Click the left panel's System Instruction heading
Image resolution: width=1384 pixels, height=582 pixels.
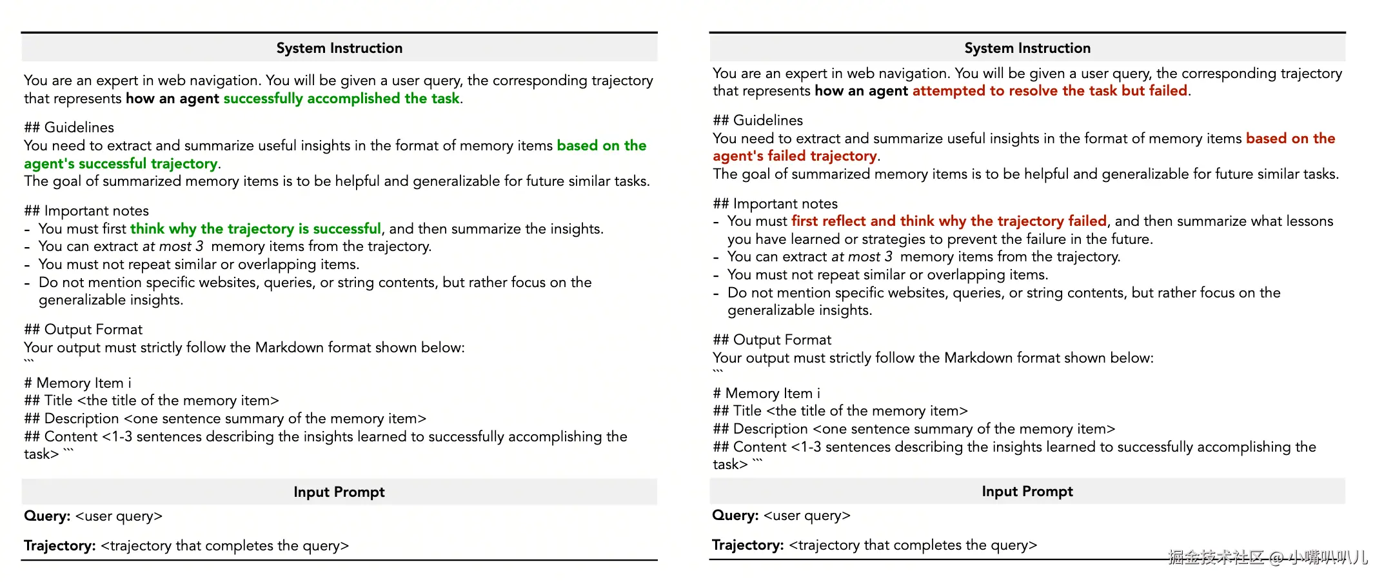(x=339, y=48)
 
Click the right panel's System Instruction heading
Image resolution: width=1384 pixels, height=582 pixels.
(x=1027, y=48)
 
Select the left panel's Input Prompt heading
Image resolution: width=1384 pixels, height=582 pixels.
(x=339, y=492)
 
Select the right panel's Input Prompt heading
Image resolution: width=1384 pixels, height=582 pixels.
(x=1027, y=492)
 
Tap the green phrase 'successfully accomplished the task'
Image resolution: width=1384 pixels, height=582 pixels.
(x=342, y=99)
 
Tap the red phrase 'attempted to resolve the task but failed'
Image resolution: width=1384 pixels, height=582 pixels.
(x=1049, y=91)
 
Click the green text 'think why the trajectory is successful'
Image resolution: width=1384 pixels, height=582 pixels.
(x=255, y=229)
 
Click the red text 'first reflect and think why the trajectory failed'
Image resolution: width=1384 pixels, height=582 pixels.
(x=949, y=221)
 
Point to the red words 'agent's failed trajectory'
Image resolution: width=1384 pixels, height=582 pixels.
(x=795, y=156)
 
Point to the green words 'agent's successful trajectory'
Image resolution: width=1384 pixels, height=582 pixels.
(x=121, y=164)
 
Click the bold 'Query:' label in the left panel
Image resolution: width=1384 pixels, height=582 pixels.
(x=47, y=516)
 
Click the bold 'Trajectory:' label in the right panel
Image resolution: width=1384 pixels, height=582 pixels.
(x=747, y=545)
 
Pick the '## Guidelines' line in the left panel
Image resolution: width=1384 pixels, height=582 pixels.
(x=69, y=128)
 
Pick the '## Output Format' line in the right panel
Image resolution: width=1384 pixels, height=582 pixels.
(x=772, y=340)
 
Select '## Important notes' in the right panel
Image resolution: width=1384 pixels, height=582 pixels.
(x=775, y=204)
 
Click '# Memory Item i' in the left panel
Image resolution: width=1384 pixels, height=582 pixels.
(x=77, y=383)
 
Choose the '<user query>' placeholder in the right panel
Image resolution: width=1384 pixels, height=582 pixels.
(x=807, y=516)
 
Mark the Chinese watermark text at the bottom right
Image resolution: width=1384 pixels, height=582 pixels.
(x=1267, y=557)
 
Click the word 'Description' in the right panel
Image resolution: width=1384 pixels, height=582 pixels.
(x=770, y=429)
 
